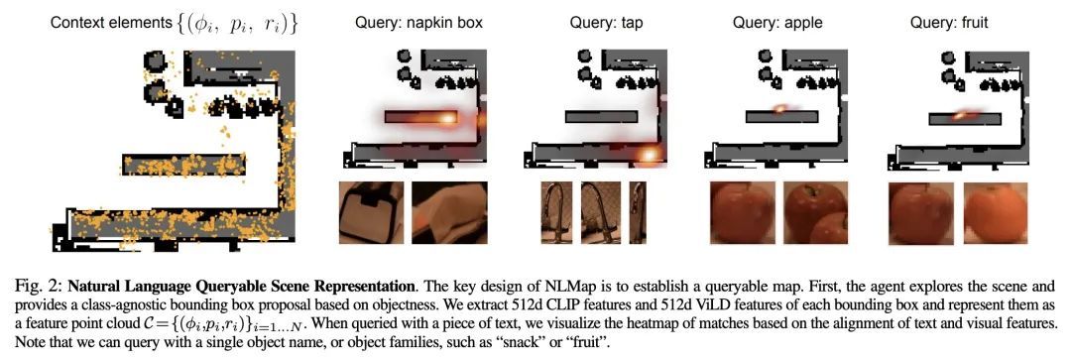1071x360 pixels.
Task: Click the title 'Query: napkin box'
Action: tap(418, 23)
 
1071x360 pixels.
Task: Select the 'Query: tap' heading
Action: tap(607, 23)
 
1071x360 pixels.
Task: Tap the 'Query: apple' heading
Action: tap(777, 23)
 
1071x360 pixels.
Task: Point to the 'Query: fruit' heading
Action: tap(949, 23)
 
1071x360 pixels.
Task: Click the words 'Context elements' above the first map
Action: tap(108, 24)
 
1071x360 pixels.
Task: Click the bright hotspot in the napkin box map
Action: tap(446, 118)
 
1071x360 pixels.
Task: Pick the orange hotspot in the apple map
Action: tap(780, 107)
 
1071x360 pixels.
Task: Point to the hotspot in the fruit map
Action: tap(959, 116)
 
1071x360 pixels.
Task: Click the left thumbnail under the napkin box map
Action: tap(371, 212)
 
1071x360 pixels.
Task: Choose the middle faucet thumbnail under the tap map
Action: tap(600, 212)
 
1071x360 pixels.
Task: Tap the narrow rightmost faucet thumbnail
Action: tap(638, 212)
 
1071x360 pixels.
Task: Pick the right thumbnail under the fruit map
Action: tap(996, 212)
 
